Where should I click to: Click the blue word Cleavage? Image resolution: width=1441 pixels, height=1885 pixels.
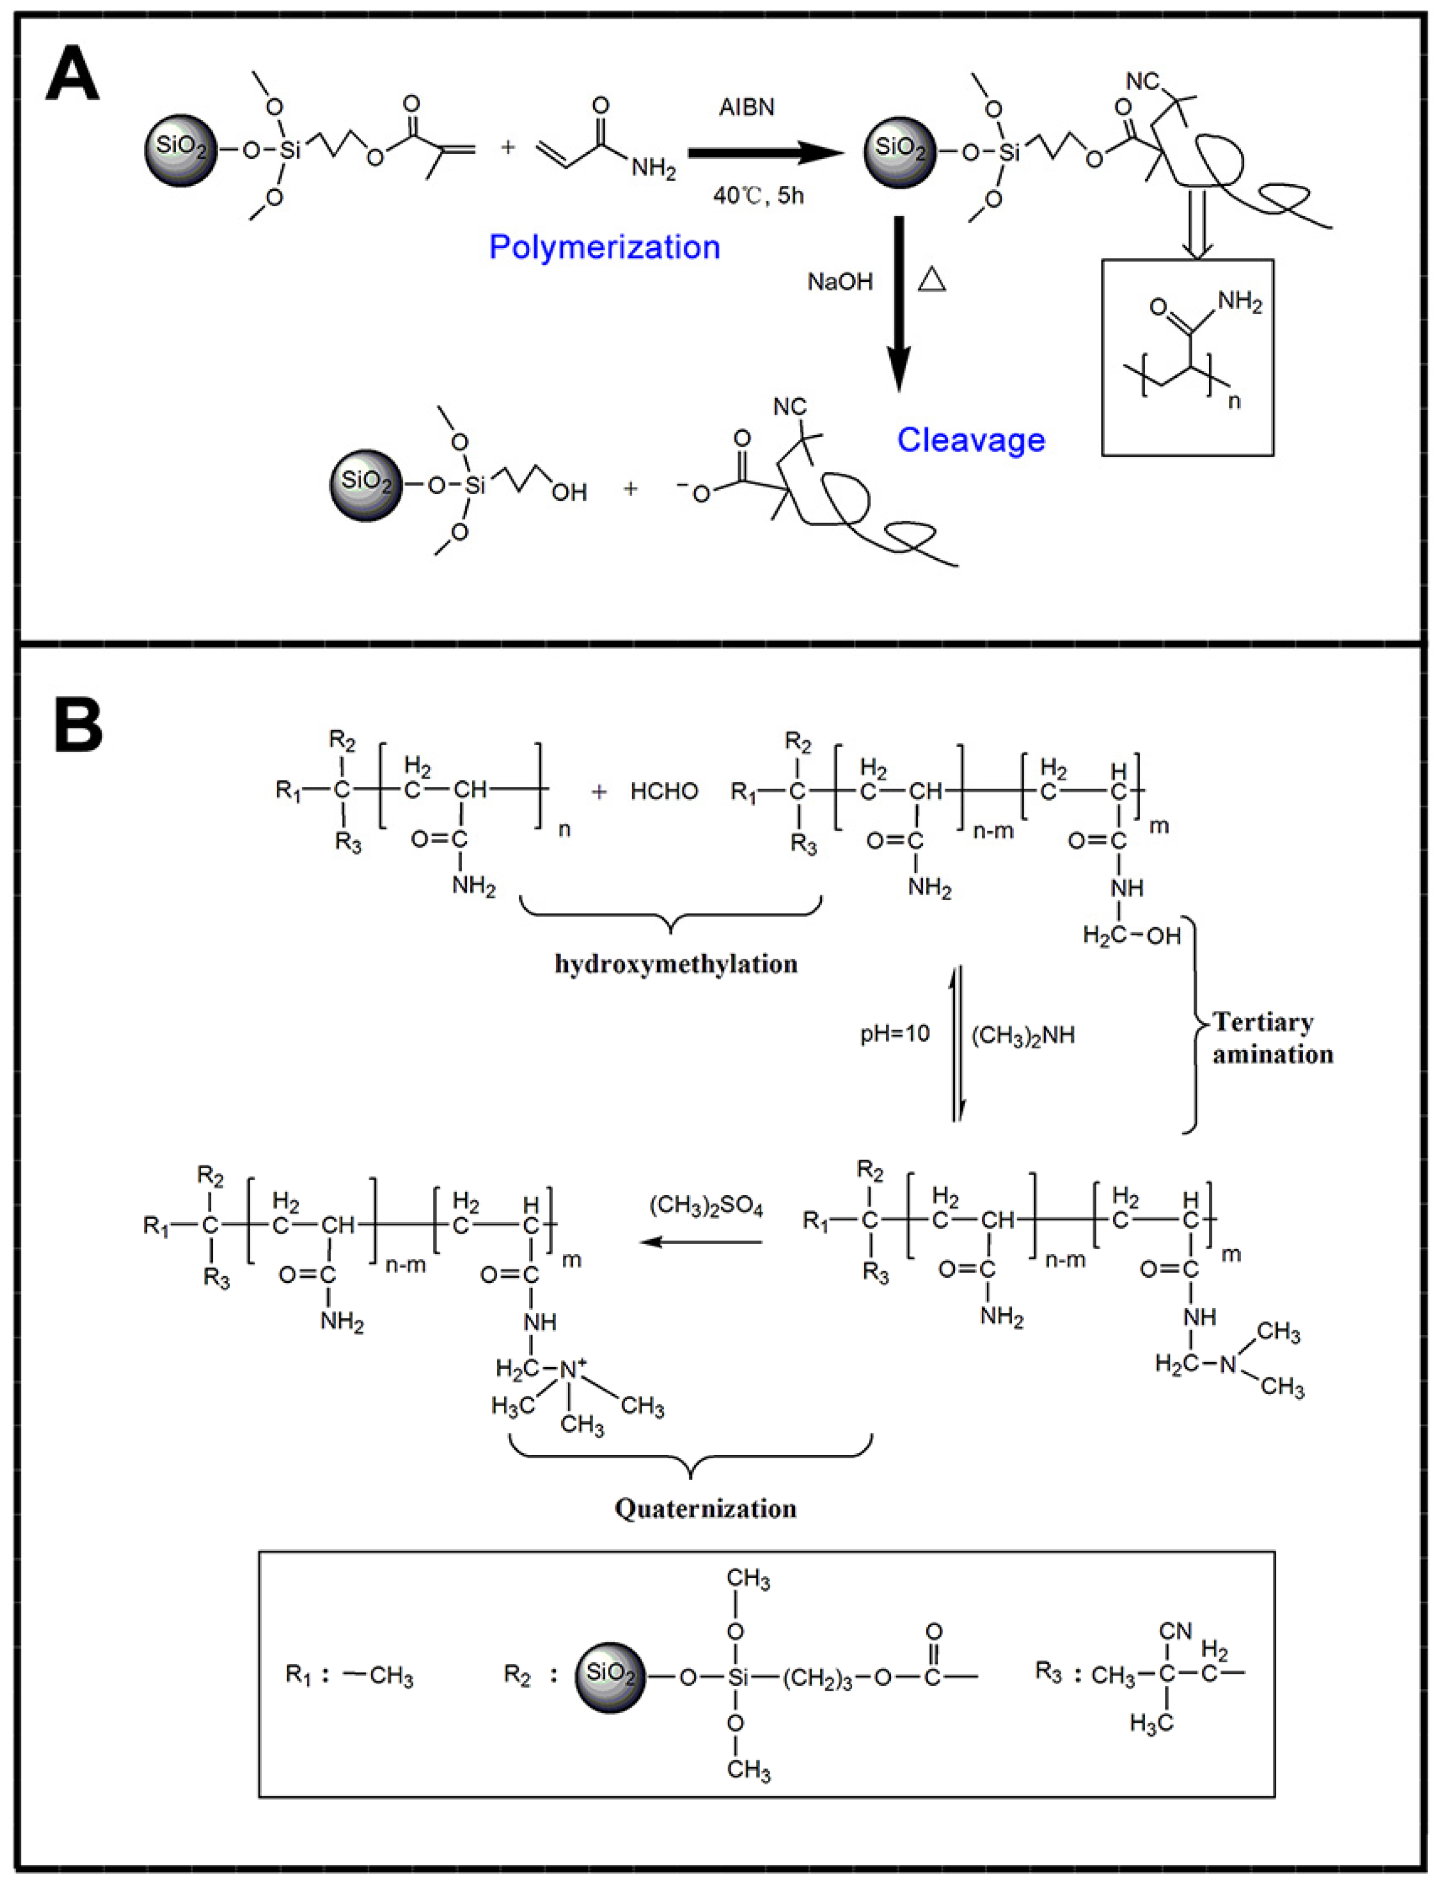970,440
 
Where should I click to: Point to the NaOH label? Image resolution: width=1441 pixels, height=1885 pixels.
839,281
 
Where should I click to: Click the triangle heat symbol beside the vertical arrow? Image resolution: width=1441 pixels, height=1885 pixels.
932,280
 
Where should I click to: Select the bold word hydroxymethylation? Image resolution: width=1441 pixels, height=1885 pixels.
676,965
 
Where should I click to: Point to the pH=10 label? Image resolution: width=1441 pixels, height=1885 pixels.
895,1034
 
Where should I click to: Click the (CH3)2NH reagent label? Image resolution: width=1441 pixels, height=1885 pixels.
1023,1036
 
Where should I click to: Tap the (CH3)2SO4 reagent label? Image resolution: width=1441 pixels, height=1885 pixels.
706,1207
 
